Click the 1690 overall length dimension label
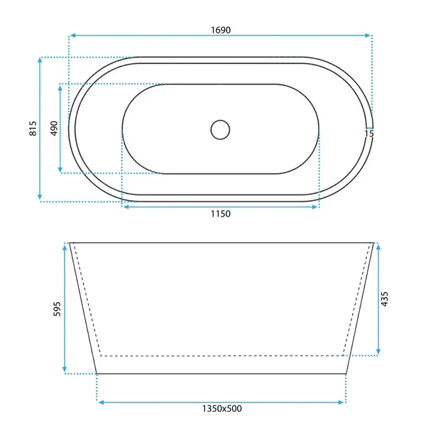221,30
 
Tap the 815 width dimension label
33,128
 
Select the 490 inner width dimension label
54,128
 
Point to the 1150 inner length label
221,214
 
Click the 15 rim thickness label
369,133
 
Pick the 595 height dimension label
57,309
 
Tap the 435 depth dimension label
385,299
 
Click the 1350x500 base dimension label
222,408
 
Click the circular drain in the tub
220,129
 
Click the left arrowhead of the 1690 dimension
72,35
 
